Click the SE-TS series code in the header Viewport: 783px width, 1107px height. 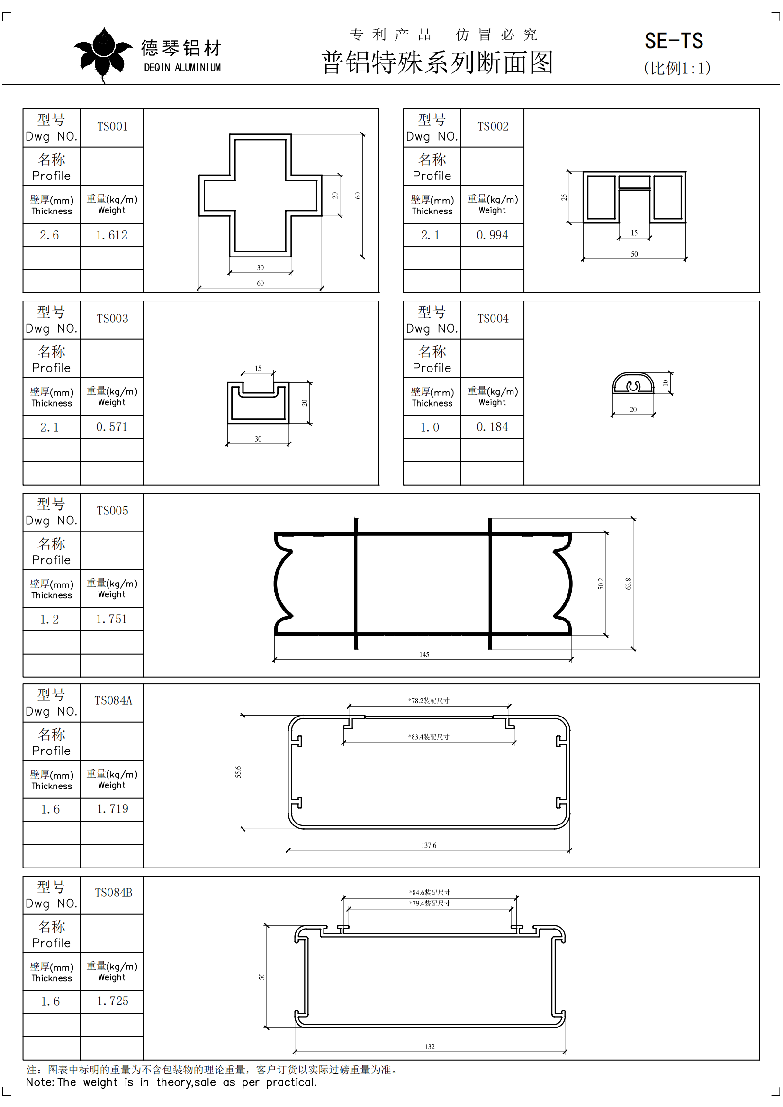pyautogui.click(x=674, y=41)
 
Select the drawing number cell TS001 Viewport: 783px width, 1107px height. pyautogui.click(x=112, y=126)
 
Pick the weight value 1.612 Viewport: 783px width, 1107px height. pyautogui.click(x=112, y=235)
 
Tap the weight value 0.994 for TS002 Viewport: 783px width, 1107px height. pyautogui.click(x=493, y=235)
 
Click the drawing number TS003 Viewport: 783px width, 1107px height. pyautogui.click(x=112, y=318)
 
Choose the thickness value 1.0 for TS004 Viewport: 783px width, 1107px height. pyautogui.click(x=430, y=427)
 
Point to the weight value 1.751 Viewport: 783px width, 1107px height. pyautogui.click(x=112, y=619)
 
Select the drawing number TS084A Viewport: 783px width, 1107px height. pyautogui.click(x=113, y=700)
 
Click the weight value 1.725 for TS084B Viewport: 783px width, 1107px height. pyautogui.click(x=113, y=1001)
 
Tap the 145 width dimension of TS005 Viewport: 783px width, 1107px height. pyautogui.click(x=424, y=654)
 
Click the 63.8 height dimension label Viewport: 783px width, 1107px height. pyautogui.click(x=628, y=584)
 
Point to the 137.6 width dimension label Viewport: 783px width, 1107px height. pyautogui.click(x=428, y=845)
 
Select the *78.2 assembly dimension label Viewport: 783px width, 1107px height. pyautogui.click(x=428, y=700)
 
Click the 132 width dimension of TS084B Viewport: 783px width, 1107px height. pyautogui.click(x=429, y=1047)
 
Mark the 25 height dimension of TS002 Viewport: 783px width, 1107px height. pyautogui.click(x=564, y=197)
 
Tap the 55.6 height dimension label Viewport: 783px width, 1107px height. pyautogui.click(x=238, y=772)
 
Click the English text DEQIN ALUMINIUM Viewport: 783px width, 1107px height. pyautogui.click(x=182, y=68)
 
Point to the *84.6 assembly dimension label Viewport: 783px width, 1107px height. pyautogui.click(x=429, y=893)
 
